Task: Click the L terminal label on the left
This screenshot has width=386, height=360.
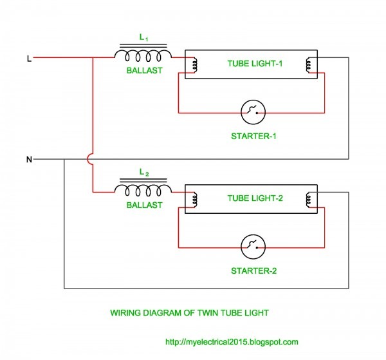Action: click(x=28, y=59)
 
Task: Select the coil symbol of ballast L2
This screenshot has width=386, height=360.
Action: click(x=143, y=189)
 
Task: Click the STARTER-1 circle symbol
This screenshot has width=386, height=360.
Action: click(x=253, y=113)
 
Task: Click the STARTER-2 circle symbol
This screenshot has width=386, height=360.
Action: click(x=253, y=247)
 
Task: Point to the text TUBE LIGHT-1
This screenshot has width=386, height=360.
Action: click(x=255, y=64)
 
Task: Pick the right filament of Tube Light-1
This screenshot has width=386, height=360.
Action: click(x=309, y=64)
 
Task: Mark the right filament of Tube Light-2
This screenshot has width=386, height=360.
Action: click(x=309, y=198)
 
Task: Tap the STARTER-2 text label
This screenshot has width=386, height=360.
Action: click(x=253, y=270)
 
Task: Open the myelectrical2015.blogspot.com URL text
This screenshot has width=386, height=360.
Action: click(x=232, y=342)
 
